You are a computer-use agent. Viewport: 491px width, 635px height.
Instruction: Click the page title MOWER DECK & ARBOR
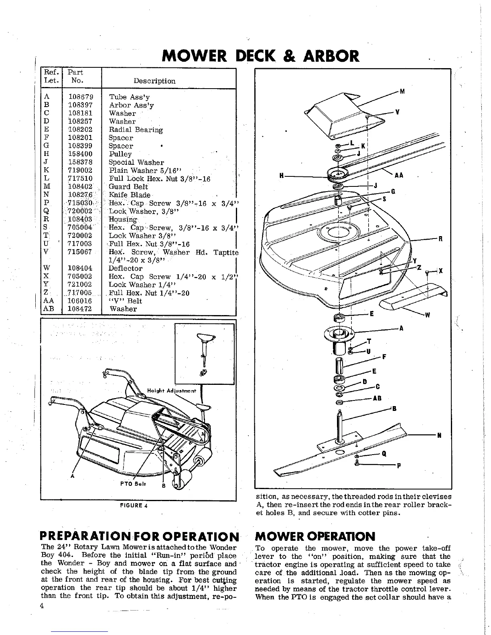coord(260,56)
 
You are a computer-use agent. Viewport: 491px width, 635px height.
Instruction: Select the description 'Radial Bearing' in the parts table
coord(136,130)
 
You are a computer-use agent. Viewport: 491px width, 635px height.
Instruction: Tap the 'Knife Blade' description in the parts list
coord(129,195)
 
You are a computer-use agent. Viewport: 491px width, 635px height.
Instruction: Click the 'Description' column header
coord(154,81)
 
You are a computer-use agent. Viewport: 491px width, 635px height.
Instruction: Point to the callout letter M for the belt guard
coord(402,91)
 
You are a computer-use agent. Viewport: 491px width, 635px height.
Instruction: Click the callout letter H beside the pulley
coord(282,176)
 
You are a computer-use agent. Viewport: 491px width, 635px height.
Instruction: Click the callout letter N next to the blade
coord(439,435)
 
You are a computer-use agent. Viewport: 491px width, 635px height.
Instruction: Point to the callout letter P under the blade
coord(399,466)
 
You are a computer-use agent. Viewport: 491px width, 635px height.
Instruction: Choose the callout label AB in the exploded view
coord(377,398)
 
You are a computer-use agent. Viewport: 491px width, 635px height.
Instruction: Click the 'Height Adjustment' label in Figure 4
coord(172,391)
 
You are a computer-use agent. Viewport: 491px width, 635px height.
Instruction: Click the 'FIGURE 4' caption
coord(134,505)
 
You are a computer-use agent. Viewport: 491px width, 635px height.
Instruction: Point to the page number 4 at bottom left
coord(42,606)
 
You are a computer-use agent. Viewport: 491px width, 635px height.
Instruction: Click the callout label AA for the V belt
coord(399,176)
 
